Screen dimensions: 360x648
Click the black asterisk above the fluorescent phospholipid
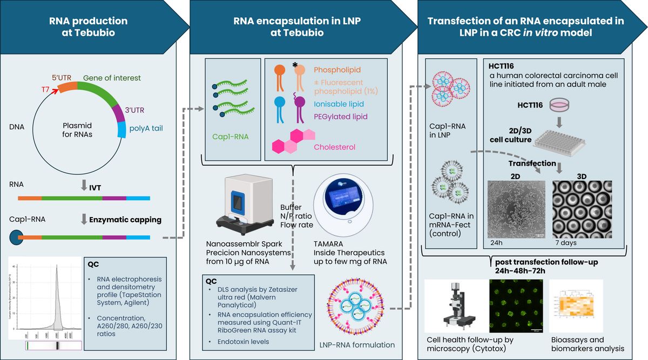click(x=295, y=65)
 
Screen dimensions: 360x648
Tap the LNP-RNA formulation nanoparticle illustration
click(x=357, y=307)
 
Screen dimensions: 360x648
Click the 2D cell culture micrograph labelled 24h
click(x=516, y=208)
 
